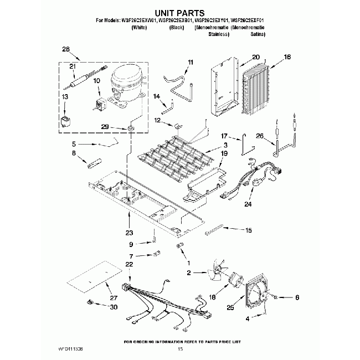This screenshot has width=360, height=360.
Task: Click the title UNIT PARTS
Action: click(x=179, y=12)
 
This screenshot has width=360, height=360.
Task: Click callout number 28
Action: click(x=66, y=50)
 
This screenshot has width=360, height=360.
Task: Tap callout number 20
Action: click(x=255, y=56)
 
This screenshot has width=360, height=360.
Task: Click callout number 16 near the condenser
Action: click(x=286, y=56)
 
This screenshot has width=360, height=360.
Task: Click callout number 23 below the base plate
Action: click(x=130, y=233)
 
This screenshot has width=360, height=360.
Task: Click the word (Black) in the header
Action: click(x=177, y=27)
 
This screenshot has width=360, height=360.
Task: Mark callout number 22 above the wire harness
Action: click(x=130, y=265)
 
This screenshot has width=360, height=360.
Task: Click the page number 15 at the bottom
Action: click(x=179, y=349)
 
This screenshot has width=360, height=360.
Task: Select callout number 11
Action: click(x=191, y=62)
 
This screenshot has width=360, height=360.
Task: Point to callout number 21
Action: click(x=72, y=66)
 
